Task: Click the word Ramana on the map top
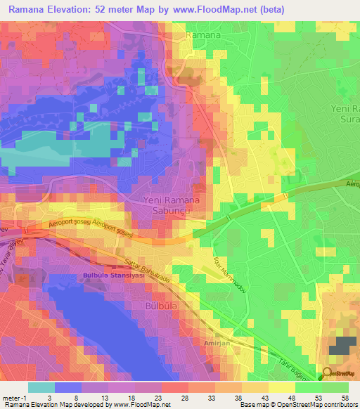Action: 204,34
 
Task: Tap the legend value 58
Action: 345,398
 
